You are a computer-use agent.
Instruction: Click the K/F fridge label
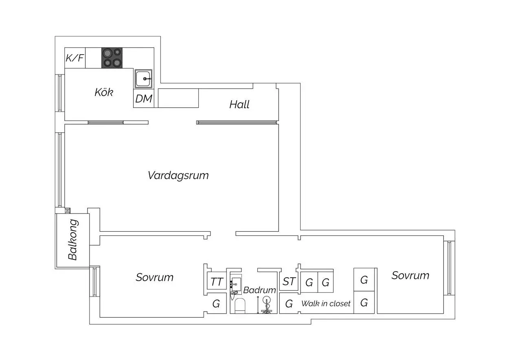(75, 58)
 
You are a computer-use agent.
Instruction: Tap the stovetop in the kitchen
(112, 58)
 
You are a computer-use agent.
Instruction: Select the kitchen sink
(143, 79)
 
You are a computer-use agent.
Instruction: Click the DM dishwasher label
(144, 99)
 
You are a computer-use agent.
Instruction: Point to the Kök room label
(104, 92)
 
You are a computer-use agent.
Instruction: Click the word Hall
(239, 105)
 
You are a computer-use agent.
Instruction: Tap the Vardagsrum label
(178, 176)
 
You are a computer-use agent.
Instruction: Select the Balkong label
(73, 239)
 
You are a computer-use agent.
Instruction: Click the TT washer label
(217, 282)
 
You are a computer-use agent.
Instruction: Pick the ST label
(289, 281)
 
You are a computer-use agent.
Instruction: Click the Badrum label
(259, 290)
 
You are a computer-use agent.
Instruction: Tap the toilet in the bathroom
(240, 306)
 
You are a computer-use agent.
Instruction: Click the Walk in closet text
(326, 304)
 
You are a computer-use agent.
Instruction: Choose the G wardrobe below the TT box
(216, 304)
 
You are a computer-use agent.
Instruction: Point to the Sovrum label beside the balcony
(154, 277)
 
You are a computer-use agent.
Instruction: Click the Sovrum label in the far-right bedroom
(410, 275)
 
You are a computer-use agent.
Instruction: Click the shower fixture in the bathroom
(266, 305)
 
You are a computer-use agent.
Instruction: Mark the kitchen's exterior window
(60, 93)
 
